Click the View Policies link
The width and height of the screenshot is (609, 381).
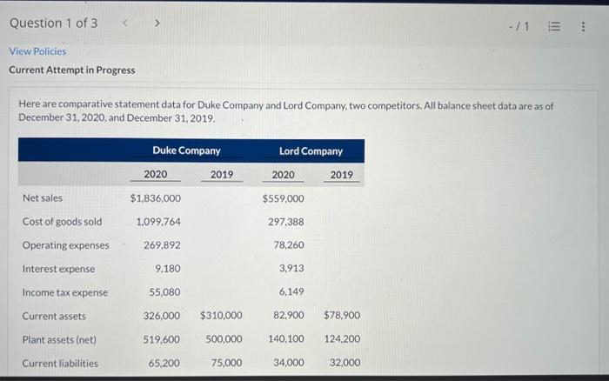coord(37,51)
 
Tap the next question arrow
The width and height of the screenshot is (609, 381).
coord(157,23)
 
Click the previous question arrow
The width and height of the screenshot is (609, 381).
coord(126,23)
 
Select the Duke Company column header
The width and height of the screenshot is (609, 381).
coord(186,150)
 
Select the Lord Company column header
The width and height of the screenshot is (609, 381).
coord(311,150)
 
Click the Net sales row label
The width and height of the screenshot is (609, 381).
coord(42,198)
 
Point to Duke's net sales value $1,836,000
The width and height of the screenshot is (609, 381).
coord(156,198)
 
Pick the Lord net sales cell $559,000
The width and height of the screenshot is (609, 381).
coord(283,198)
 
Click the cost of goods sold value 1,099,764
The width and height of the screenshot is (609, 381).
coord(159,222)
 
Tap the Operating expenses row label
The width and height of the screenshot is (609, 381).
coord(65,245)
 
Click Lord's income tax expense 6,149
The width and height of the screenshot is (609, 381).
coord(291,292)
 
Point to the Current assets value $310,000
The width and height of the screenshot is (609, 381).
coord(221,316)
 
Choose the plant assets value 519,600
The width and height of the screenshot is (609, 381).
coord(162,339)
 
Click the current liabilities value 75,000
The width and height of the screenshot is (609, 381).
coord(226,363)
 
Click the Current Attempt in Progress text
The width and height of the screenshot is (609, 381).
coord(72,70)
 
